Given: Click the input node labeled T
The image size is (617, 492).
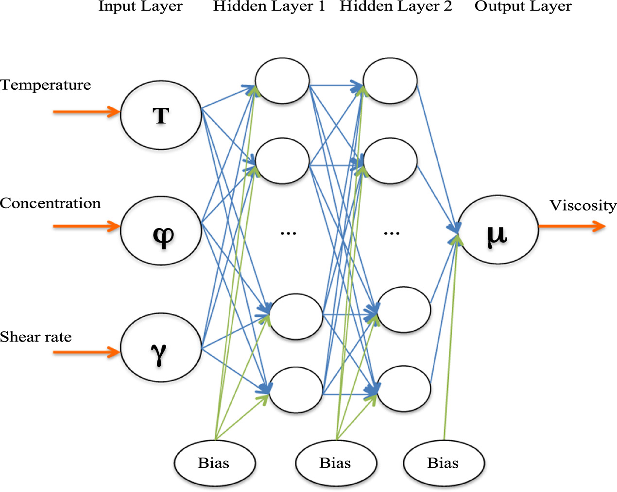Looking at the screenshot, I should (x=161, y=115).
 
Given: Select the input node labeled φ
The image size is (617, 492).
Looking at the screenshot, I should (x=161, y=230).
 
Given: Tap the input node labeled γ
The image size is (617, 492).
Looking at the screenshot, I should (x=161, y=347).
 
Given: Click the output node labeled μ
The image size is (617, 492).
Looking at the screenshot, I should (x=497, y=230).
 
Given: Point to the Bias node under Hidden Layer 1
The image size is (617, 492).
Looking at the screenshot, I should (x=215, y=463).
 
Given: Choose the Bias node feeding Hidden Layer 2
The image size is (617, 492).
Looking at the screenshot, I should (x=336, y=463).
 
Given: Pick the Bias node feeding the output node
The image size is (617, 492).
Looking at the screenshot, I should (x=444, y=463).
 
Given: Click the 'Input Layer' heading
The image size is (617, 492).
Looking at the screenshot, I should (x=140, y=6).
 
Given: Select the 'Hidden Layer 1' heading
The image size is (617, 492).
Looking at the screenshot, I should (x=269, y=6).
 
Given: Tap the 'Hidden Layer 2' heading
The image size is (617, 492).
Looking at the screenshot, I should (x=395, y=6).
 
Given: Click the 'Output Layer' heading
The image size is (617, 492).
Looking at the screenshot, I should (x=523, y=6).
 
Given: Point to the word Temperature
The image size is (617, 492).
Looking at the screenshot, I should (x=46, y=85).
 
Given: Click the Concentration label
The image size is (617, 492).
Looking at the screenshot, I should (x=51, y=203).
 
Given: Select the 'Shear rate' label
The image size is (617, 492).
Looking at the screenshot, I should (x=36, y=337).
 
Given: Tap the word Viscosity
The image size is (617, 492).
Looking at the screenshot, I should (x=583, y=206).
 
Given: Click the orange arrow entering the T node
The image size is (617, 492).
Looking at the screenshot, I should (x=86, y=112).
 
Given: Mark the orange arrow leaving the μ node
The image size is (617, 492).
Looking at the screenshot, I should (x=572, y=226).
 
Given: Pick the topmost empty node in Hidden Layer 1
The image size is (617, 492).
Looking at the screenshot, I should (x=282, y=81).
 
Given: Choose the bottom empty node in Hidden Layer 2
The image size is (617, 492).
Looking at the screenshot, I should (x=404, y=389).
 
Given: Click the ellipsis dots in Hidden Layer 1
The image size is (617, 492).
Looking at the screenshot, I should (x=288, y=233).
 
